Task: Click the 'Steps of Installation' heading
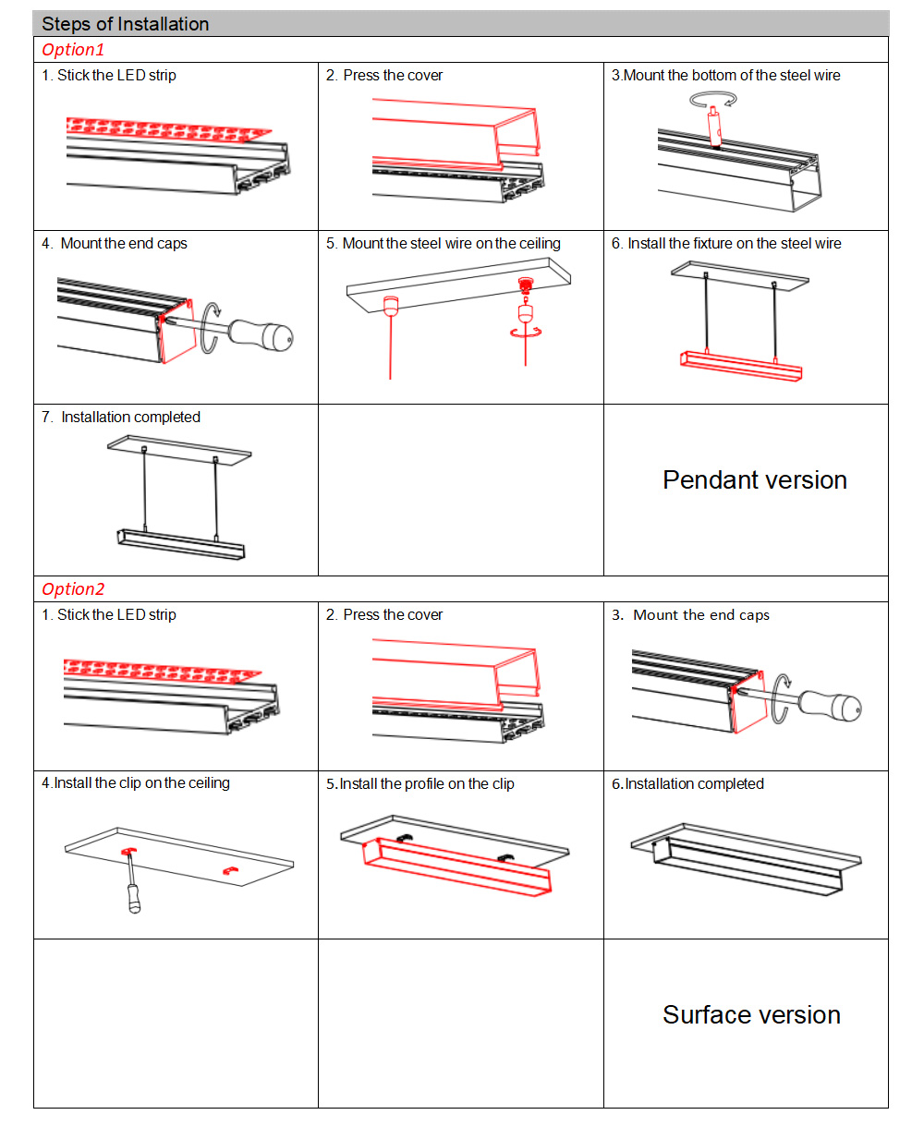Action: coord(125,24)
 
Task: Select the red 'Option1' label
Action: coord(73,50)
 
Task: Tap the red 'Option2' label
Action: coord(73,589)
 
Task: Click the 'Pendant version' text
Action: coord(754,480)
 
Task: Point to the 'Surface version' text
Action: coord(750,1015)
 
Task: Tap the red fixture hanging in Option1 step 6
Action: coord(739,364)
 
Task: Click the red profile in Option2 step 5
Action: coord(457,865)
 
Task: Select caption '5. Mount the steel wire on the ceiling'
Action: coord(443,244)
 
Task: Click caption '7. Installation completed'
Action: coord(121,418)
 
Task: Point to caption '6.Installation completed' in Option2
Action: coord(687,784)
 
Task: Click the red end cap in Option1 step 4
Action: coord(177,333)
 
